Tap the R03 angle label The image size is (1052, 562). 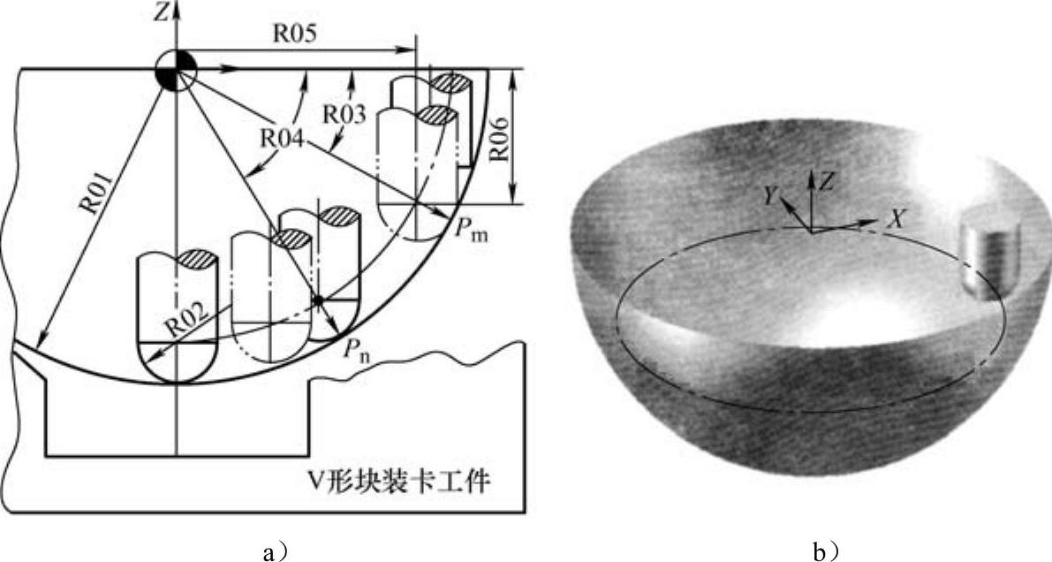coord(341,113)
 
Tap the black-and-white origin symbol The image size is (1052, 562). coord(176,69)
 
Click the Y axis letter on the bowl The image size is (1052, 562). coord(771,196)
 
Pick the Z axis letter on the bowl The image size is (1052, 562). coord(827,183)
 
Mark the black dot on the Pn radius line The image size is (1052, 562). coord(317,300)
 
